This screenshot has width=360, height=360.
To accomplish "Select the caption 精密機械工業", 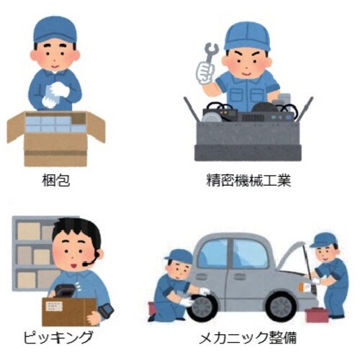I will (x=248, y=180).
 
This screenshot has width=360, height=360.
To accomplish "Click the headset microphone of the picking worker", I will (x=87, y=264).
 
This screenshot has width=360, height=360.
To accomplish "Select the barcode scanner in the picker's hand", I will (x=106, y=312).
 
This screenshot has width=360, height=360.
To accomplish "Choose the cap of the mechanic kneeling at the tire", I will (x=179, y=256).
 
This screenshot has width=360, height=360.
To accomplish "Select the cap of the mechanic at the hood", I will (x=324, y=239).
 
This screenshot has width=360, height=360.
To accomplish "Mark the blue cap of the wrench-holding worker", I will (x=247, y=35).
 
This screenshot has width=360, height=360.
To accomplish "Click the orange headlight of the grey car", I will (x=305, y=287).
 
